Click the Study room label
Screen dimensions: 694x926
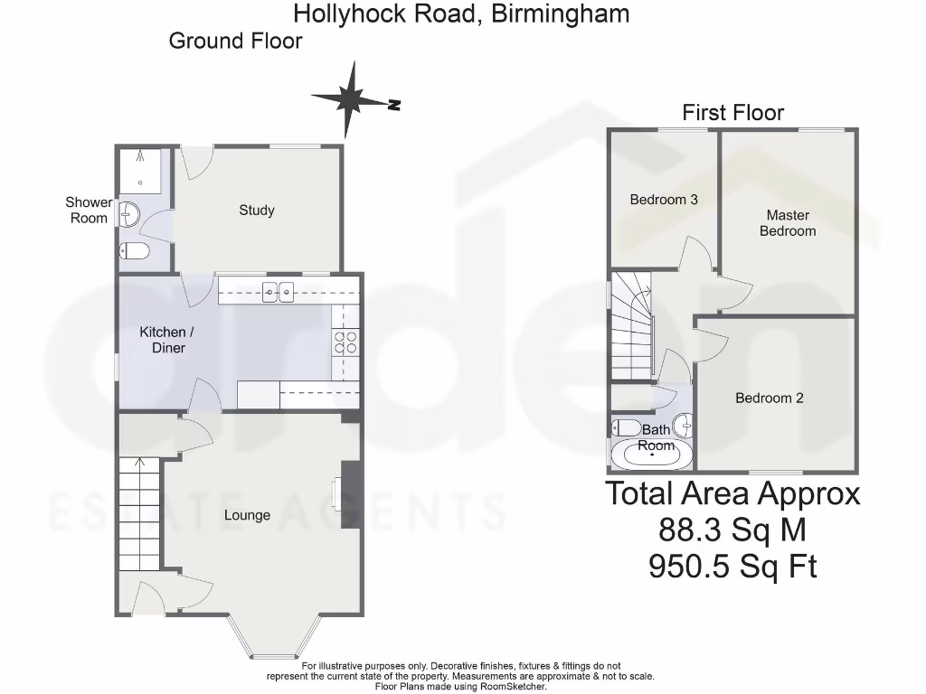click(x=256, y=211)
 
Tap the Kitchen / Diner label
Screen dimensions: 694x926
click(x=162, y=340)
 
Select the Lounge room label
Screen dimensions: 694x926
click(x=247, y=515)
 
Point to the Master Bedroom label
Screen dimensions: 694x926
click(x=787, y=223)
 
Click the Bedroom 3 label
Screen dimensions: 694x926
click(x=663, y=200)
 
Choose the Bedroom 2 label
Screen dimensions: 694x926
click(x=769, y=399)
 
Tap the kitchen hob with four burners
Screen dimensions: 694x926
click(x=345, y=342)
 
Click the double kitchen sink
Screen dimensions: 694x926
click(x=279, y=290)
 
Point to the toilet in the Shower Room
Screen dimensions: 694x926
click(x=132, y=250)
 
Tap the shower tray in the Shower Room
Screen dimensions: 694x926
click(x=141, y=171)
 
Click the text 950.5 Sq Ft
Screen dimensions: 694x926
click(x=732, y=567)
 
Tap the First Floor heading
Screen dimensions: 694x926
click(x=732, y=113)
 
